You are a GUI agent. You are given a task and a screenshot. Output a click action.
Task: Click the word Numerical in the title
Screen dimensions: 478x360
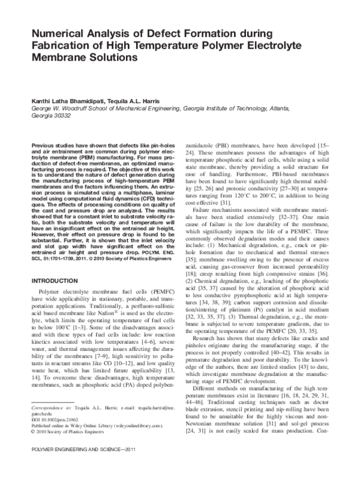58,34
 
